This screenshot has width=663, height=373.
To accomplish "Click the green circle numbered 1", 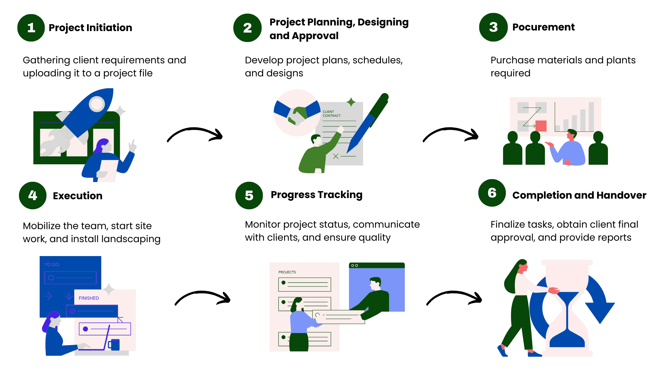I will tap(31, 28).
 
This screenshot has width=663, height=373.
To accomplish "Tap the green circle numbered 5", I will tap(249, 195).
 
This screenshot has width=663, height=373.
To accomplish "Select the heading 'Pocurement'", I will tap(543, 27).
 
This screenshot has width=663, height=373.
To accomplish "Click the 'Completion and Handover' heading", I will tap(579, 195).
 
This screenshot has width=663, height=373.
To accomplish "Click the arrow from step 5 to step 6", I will tap(454, 298).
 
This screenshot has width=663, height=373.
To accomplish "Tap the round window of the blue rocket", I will tap(97, 104).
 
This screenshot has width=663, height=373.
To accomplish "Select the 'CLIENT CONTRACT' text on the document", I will tap(331, 114).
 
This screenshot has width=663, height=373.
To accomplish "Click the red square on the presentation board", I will tap(541, 126).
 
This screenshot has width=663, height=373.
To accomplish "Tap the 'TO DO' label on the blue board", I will tap(52, 264).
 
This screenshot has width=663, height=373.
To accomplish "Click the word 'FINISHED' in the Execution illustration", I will tap(88, 298).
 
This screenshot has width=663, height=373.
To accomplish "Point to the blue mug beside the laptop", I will tap(115, 345).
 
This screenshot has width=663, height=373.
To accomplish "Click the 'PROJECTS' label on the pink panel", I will tap(287, 272).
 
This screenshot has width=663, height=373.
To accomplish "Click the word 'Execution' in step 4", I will tap(78, 196).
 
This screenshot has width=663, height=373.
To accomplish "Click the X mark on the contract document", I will tap(336, 156).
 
